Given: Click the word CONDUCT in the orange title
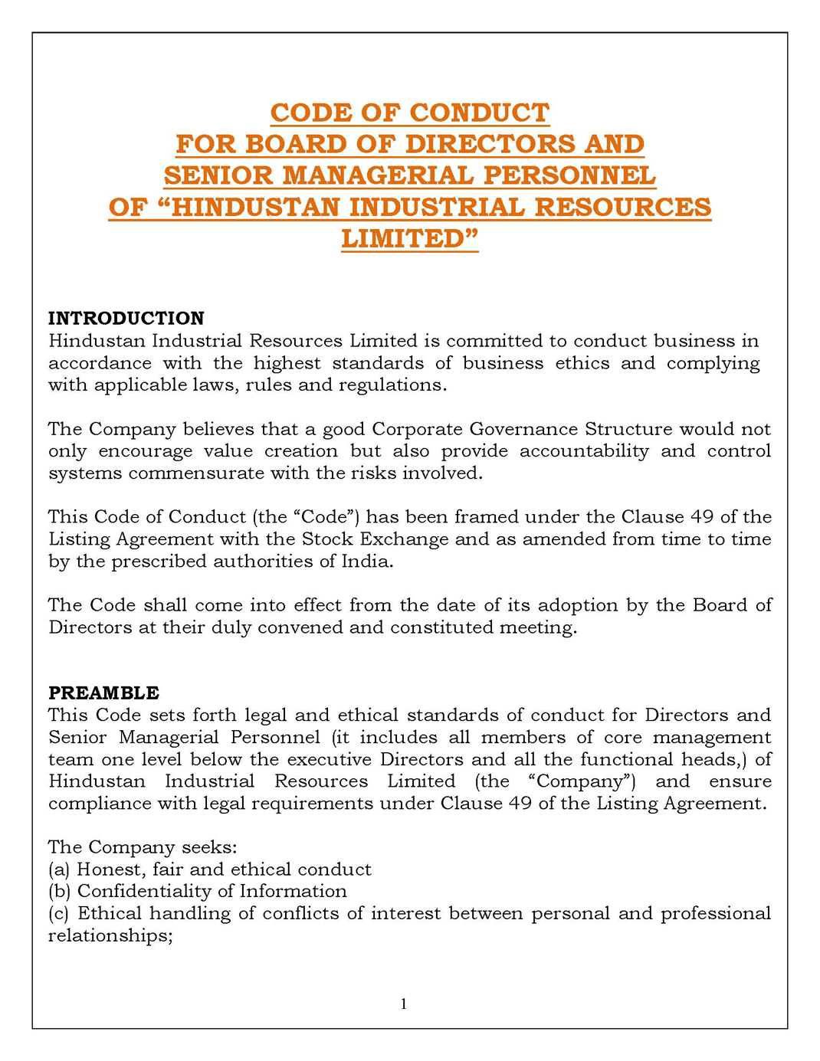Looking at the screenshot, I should (479, 113).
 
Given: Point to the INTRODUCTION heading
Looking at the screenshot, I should (126, 318).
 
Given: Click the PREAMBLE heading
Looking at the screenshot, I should (103, 693).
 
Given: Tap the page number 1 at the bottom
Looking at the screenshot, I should (404, 1004).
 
